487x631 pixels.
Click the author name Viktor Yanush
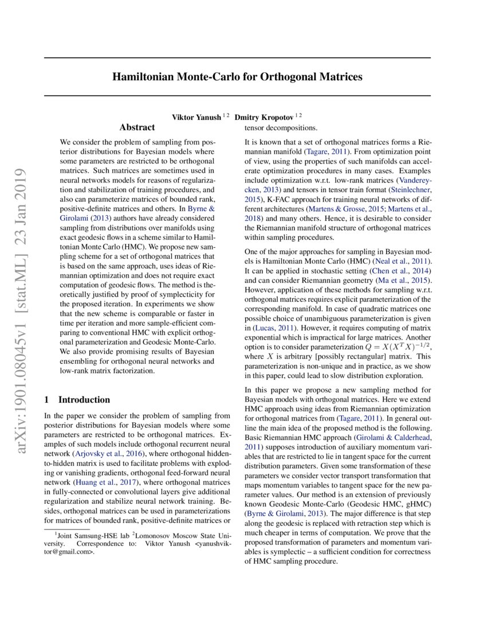197,116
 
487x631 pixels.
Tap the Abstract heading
137,127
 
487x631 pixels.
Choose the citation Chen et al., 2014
399,270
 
